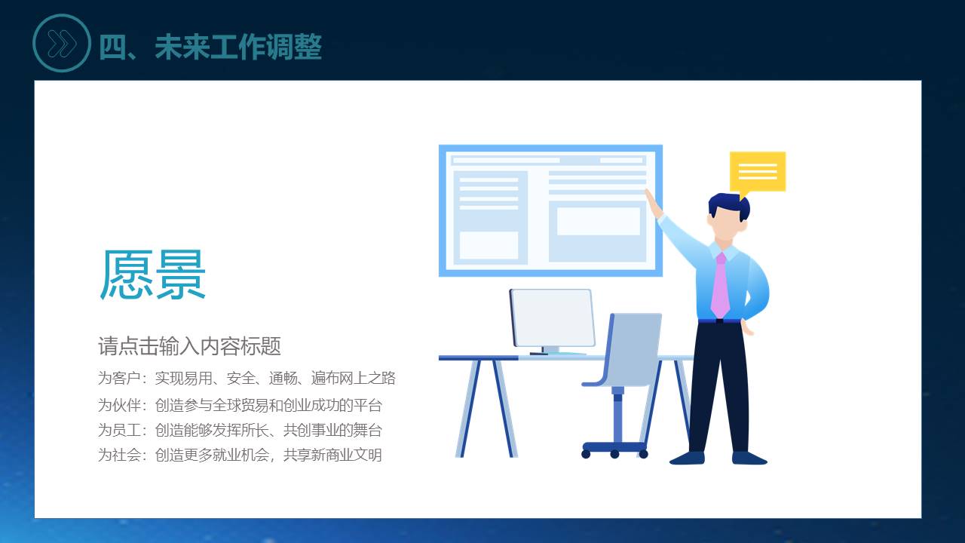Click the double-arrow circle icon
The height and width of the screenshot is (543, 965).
pos(62,43)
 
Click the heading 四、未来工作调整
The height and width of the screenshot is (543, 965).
pos(210,47)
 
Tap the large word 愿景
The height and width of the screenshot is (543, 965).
pos(152,274)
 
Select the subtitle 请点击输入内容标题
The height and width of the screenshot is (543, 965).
pos(189,346)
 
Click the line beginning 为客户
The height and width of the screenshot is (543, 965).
pos(247,378)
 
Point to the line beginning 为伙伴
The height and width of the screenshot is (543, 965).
pos(240,405)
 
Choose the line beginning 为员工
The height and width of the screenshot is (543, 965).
pos(240,430)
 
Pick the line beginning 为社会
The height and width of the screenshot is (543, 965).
pos(240,455)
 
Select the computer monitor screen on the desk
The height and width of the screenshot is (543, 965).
pos(553,318)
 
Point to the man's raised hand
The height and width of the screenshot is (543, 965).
pos(653,204)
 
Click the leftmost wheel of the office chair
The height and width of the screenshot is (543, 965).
pos(586,454)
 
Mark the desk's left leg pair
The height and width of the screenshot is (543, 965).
pos(486,408)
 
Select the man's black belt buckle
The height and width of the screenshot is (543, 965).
pos(719,321)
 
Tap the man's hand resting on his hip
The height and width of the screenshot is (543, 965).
pos(747,327)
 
